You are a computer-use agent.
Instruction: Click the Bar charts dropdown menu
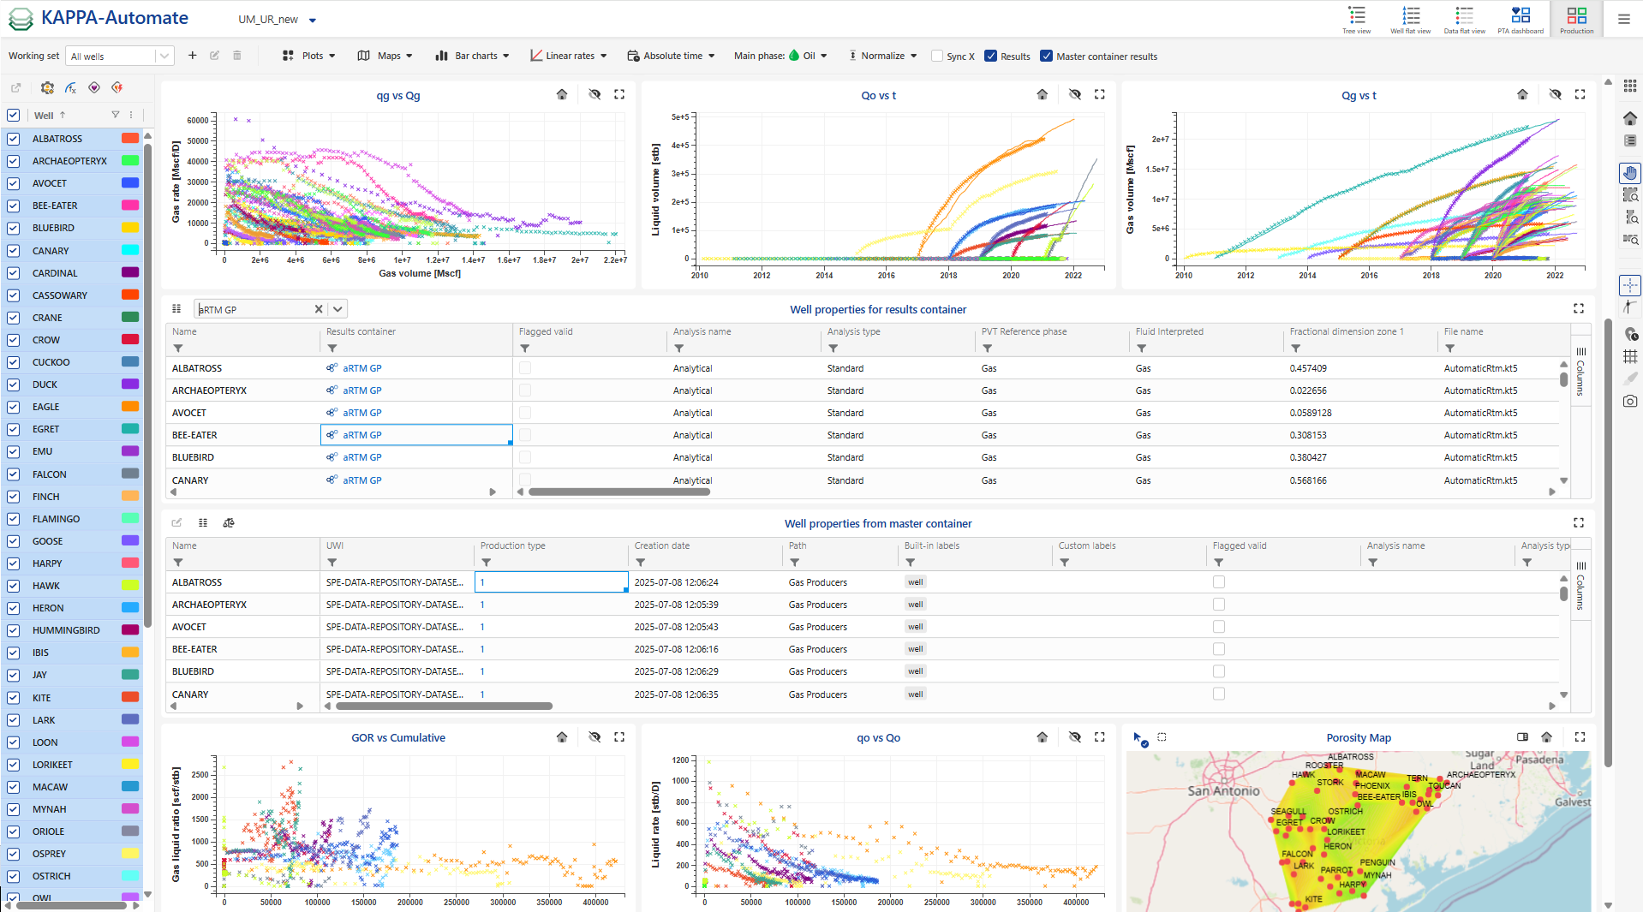[472, 56]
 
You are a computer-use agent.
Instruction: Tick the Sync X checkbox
[937, 57]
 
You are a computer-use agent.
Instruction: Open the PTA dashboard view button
[1521, 19]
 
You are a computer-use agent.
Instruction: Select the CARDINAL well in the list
[55, 273]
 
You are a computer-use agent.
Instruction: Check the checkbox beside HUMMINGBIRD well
[14, 630]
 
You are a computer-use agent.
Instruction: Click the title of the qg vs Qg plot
[398, 95]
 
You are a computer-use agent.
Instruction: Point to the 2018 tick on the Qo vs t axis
[948, 275]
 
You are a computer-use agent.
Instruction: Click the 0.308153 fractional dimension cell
[1308, 435]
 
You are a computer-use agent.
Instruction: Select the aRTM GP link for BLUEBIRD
[361, 457]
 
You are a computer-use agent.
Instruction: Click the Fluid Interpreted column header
[1169, 331]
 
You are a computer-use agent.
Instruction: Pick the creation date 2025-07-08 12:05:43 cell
[676, 627]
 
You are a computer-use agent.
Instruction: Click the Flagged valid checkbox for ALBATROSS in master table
[1219, 582]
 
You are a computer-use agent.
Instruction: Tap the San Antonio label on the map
[1223, 790]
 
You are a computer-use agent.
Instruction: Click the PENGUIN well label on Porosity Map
[1377, 862]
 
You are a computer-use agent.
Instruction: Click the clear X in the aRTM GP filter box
[319, 309]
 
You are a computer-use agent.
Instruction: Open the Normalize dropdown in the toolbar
[883, 56]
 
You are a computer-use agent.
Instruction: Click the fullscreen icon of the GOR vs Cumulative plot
[619, 737]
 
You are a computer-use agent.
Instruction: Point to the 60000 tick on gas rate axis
[198, 121]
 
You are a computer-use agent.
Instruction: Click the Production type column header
[512, 545]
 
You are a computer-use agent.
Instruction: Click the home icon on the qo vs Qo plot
[1042, 737]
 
